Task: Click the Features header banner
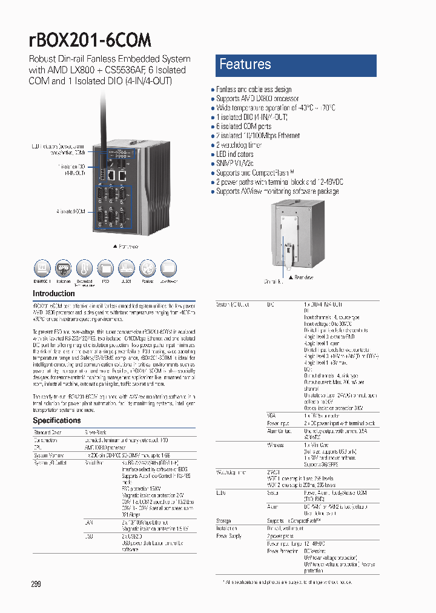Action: pos(296,65)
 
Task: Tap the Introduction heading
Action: pos(54,294)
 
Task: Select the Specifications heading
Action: pos(56,420)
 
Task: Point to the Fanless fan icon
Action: pos(147,268)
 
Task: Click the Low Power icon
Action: pos(168,268)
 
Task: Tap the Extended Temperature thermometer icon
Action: pos(84,268)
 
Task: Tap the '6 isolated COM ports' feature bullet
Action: pos(243,127)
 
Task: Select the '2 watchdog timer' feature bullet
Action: pos(239,145)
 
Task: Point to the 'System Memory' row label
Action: pos(48,455)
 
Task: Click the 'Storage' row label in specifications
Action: pos(224,520)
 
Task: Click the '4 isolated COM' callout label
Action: pos(71,211)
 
